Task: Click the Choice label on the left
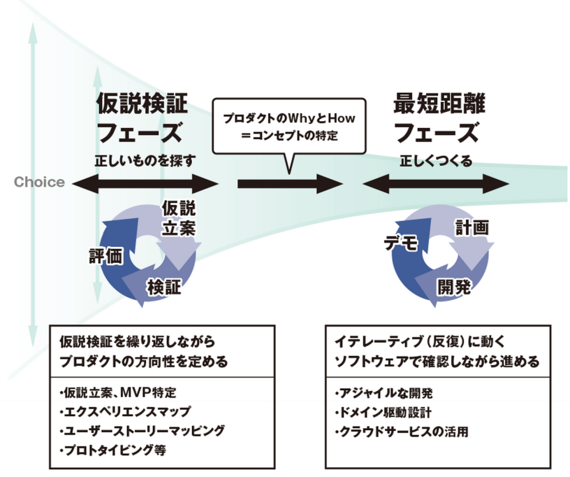tap(39, 183)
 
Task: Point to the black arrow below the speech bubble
tap(289, 185)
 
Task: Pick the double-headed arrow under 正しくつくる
tap(436, 185)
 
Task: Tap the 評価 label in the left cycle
tap(105, 255)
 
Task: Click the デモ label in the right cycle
tap(400, 243)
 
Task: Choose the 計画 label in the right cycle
tap(472, 227)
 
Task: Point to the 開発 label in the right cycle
tap(455, 285)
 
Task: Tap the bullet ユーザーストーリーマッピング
tap(142, 431)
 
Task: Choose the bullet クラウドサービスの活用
tap(402, 431)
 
